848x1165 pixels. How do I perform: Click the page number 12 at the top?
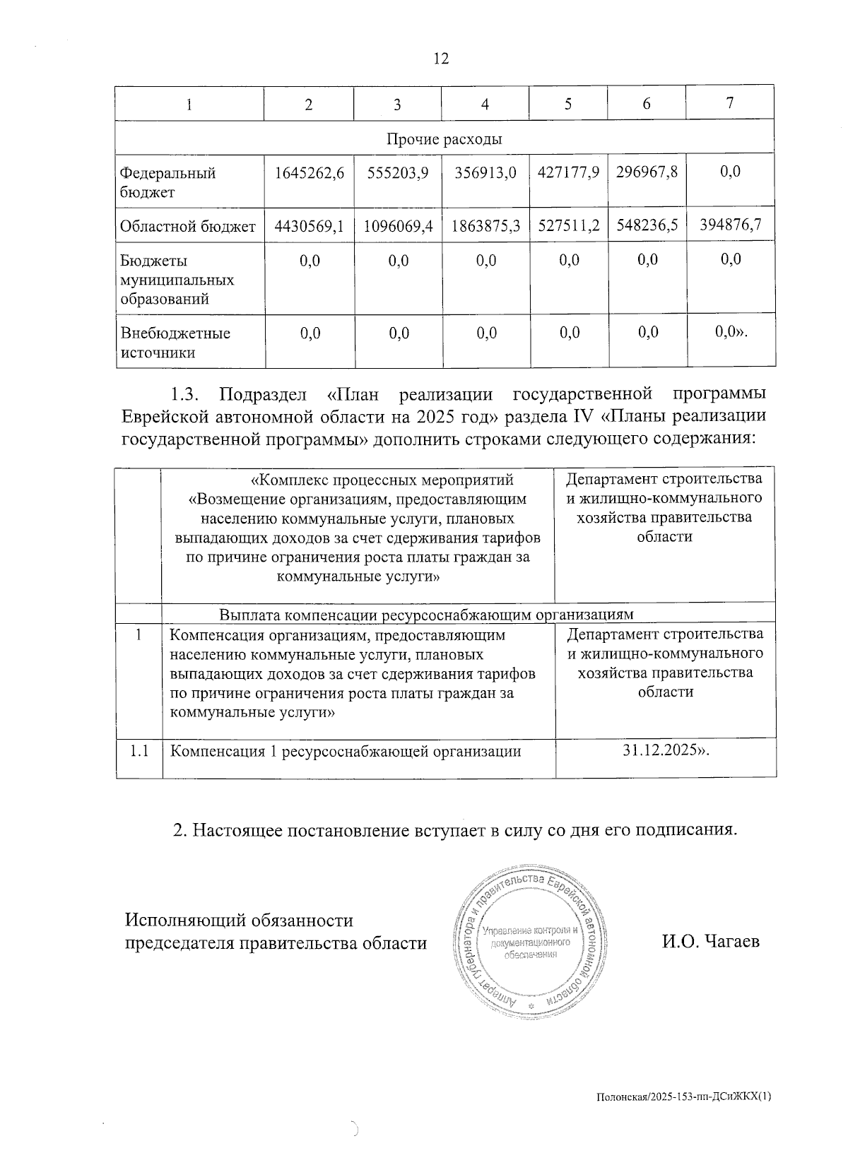(x=440, y=59)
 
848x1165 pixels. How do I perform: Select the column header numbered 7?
(x=729, y=102)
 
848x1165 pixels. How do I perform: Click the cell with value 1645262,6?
(x=309, y=173)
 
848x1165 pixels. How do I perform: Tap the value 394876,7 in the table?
(x=730, y=225)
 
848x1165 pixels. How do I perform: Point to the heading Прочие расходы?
(x=444, y=139)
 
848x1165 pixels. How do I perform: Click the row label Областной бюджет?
(x=188, y=227)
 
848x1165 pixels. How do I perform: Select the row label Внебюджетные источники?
(x=175, y=343)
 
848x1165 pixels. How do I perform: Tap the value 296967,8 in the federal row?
(x=647, y=172)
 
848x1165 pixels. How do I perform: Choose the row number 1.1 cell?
(x=139, y=751)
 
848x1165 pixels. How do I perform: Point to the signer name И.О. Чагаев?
(x=710, y=941)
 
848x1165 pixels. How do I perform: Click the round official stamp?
(x=529, y=942)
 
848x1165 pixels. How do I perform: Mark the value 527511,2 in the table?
(x=568, y=225)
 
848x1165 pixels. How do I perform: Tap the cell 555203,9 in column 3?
(x=397, y=173)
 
